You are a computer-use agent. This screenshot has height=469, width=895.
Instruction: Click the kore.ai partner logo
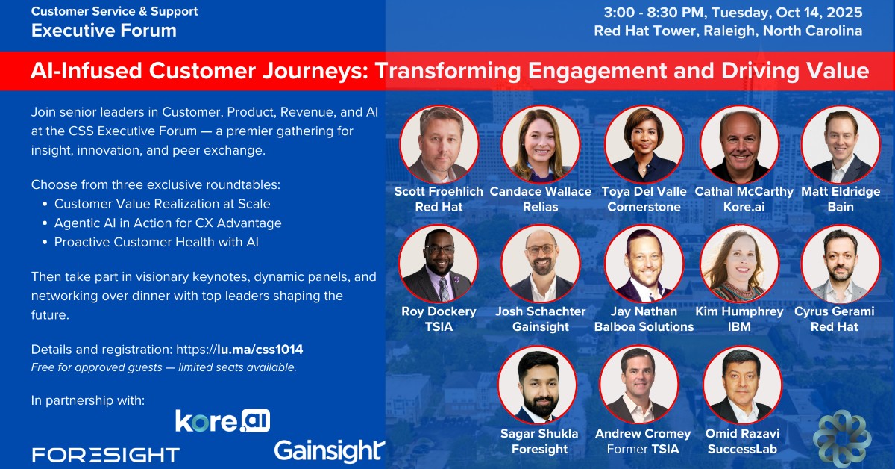[222, 421]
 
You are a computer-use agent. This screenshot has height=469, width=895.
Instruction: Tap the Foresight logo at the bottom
[105, 455]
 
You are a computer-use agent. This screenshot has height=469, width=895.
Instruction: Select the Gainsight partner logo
[329, 451]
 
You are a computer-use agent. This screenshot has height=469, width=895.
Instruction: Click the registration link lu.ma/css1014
[260, 350]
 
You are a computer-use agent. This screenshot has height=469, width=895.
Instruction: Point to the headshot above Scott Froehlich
[439, 144]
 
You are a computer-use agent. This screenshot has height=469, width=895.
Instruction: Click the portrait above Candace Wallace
[540, 144]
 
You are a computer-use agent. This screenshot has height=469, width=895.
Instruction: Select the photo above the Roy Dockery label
[439, 264]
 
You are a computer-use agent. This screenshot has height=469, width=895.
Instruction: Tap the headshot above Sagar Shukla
[538, 385]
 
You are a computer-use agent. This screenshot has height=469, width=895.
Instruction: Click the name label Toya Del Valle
[644, 191]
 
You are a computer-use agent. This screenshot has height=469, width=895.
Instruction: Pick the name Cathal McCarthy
[744, 192]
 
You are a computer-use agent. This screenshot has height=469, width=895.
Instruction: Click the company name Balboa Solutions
[644, 326]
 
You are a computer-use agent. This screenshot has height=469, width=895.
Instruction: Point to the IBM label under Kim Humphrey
[739, 326]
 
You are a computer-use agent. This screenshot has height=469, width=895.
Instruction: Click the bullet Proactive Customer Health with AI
[157, 242]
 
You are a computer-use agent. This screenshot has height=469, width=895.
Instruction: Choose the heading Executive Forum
[104, 31]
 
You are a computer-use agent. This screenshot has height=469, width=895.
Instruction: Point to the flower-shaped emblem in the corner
[842, 438]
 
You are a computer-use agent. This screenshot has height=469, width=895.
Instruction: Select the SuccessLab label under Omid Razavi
[742, 449]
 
